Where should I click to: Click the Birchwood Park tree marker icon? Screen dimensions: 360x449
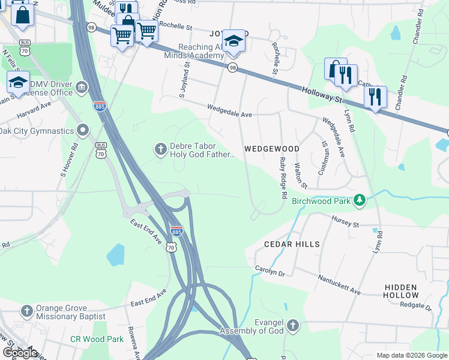tap(360, 200)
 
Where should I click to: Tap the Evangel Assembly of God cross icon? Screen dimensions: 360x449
tap(292, 326)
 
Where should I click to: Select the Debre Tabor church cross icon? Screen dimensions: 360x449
tap(160, 148)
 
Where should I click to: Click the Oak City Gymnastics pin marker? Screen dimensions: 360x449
tap(83, 130)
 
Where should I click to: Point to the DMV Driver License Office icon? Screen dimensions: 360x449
tap(82, 89)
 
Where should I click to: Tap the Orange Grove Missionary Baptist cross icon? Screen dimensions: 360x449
tap(26, 311)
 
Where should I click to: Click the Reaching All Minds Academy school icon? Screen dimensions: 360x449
tap(234, 41)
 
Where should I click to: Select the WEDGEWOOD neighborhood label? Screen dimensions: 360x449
tap(271, 148)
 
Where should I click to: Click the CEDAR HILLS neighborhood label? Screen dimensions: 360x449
tap(292, 244)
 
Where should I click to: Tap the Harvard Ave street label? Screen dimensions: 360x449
tap(34, 110)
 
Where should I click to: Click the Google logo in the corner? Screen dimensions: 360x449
tap(20, 353)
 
